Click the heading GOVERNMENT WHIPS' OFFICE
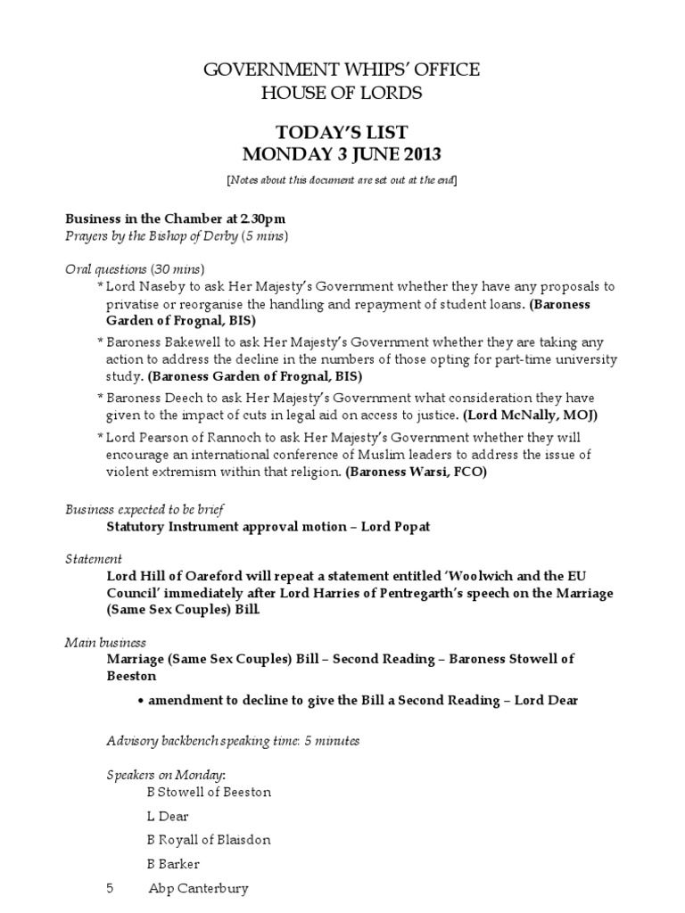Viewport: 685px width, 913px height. pyautogui.click(x=342, y=70)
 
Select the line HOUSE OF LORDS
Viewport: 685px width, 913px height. pyautogui.click(x=342, y=93)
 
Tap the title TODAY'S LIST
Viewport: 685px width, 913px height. pyautogui.click(x=342, y=132)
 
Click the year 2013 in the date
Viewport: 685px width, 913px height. pyautogui.click(x=420, y=155)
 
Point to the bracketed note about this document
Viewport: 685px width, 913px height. pyautogui.click(x=342, y=180)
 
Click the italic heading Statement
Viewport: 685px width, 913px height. pyautogui.click(x=94, y=559)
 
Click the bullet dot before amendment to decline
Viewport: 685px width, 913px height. pyautogui.click(x=141, y=701)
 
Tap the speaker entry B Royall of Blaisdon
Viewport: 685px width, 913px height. pyautogui.click(x=208, y=840)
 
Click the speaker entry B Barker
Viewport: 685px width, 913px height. pyautogui.click(x=173, y=864)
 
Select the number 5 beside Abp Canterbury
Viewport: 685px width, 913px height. pyautogui.click(x=110, y=888)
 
